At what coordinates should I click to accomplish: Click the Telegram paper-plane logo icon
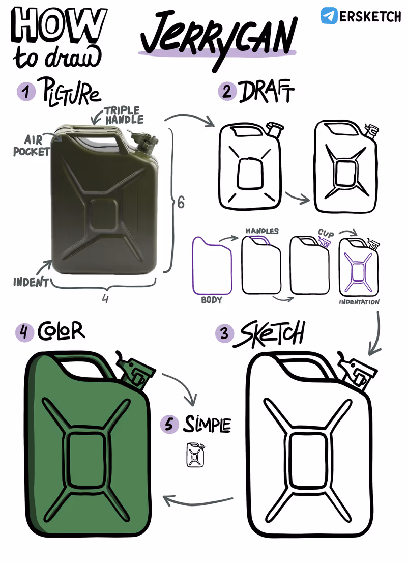pos(329,15)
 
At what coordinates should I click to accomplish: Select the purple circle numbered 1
pos(26,92)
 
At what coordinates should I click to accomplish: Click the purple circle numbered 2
pos(227,92)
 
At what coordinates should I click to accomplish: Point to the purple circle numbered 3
pos(224,333)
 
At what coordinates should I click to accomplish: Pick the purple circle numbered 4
pos(24,332)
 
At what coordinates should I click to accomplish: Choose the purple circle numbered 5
pos(169,425)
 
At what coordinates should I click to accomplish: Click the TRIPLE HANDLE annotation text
pos(124,115)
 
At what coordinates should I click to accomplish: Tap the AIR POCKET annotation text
pos(32,146)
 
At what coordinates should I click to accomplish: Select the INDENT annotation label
pos(31,283)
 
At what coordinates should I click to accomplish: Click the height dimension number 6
pos(181,202)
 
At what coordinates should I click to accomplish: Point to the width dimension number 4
pos(105,298)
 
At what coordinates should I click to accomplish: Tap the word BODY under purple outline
pos(212,300)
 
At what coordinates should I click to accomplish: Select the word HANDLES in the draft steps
pos(262,231)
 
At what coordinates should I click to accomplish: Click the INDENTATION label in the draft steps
pos(359,302)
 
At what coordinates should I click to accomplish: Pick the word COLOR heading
pos(61,331)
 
